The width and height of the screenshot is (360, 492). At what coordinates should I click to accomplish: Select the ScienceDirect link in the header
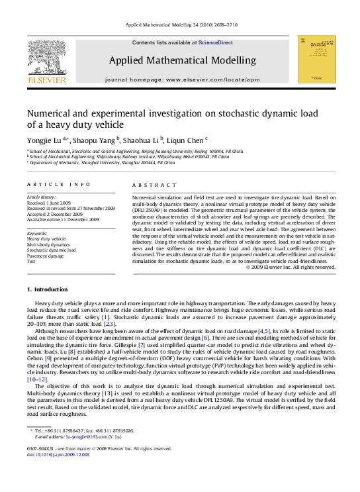(216, 42)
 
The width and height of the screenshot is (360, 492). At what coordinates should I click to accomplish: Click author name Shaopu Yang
(93, 140)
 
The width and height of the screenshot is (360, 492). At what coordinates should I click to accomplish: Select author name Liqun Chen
(187, 140)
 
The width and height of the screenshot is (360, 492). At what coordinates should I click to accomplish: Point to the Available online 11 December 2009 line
(63, 219)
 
